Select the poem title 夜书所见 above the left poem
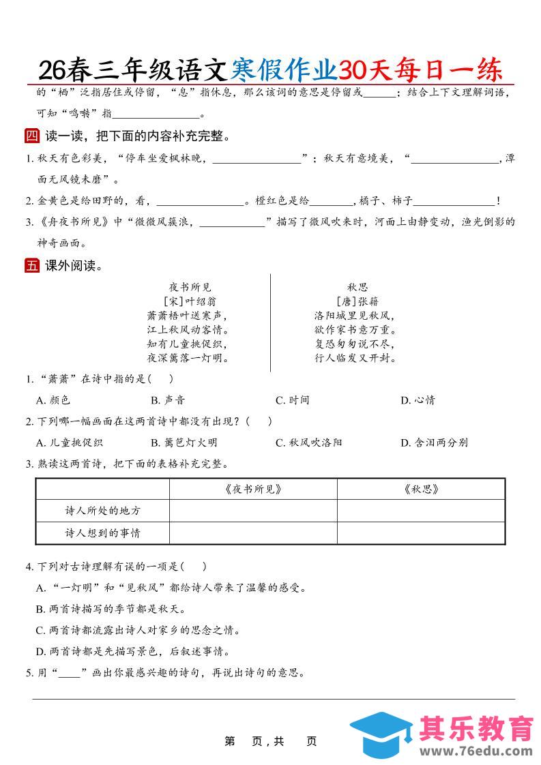[190, 288]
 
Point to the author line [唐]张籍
[357, 301]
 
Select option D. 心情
[418, 400]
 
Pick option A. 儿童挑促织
[69, 442]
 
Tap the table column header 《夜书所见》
[252, 489]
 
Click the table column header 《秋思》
[421, 489]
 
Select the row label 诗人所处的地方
[102, 511]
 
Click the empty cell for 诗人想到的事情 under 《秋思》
[421, 533]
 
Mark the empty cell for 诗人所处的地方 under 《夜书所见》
[252, 511]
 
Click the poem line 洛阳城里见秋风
[355, 316]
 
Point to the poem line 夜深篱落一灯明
[188, 358]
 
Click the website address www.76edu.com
[476, 750]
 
